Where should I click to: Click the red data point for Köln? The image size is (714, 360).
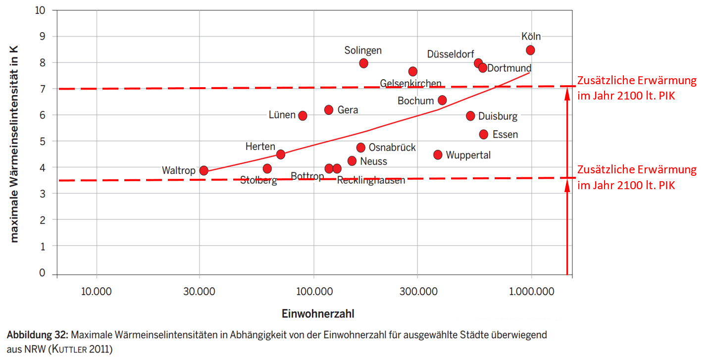530,50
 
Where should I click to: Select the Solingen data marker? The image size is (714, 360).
363,63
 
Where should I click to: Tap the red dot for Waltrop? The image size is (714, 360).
204,170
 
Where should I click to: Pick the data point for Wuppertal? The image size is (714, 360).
438,154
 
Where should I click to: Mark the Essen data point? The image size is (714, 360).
484,134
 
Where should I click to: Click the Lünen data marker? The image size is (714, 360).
303,115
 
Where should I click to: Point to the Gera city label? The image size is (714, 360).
348,110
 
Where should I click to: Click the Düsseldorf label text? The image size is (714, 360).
451,54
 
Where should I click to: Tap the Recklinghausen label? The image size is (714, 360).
371,180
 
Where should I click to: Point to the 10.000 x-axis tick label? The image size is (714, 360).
97,291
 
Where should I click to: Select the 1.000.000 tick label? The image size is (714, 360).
531,291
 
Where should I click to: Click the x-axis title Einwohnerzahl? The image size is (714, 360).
318,314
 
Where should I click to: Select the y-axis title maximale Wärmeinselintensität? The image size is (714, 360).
14,144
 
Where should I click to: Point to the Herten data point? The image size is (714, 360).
281,154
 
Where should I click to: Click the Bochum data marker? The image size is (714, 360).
442,100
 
